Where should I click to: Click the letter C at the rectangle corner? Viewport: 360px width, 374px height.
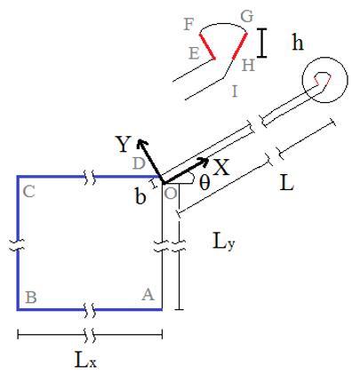[28, 192]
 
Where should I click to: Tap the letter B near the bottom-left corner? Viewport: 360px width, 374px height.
[31, 298]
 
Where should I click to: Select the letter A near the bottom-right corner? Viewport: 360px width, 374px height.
[148, 295]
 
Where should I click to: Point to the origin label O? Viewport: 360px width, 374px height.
[171, 194]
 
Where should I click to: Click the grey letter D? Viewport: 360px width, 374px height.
[139, 163]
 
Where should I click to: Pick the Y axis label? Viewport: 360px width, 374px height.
[123, 144]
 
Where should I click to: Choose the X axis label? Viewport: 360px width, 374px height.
[221, 168]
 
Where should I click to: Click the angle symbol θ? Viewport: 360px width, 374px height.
[204, 183]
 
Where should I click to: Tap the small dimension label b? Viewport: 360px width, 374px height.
[140, 196]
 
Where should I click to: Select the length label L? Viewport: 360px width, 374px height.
[286, 183]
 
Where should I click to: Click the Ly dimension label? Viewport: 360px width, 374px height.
[224, 241]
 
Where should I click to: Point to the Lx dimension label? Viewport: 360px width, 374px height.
[85, 360]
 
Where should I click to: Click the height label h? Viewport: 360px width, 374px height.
[298, 42]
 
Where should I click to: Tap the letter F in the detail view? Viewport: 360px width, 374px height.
[188, 24]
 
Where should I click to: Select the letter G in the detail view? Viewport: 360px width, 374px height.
[247, 17]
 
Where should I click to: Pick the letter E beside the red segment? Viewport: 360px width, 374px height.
[194, 53]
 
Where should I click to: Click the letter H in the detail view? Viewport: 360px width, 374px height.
[248, 65]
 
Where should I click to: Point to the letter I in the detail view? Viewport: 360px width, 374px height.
[235, 92]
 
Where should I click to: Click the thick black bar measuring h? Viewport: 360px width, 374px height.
[261, 43]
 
